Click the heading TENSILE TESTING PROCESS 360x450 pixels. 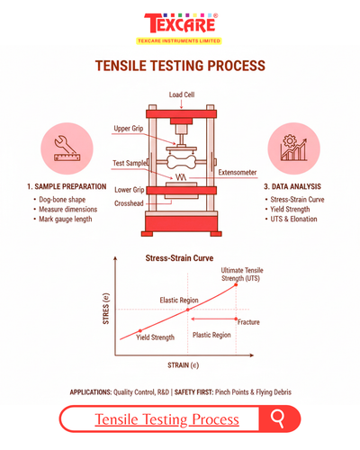pyautogui.click(x=180, y=66)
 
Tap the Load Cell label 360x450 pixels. pyautogui.click(x=181, y=94)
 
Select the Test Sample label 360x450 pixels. pyautogui.click(x=128, y=163)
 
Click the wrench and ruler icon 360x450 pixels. pyautogui.click(x=66, y=148)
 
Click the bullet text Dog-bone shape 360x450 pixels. pyautogui.click(x=64, y=198)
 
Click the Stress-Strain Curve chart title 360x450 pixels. pyautogui.click(x=179, y=258)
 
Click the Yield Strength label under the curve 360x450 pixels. pyautogui.click(x=154, y=337)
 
